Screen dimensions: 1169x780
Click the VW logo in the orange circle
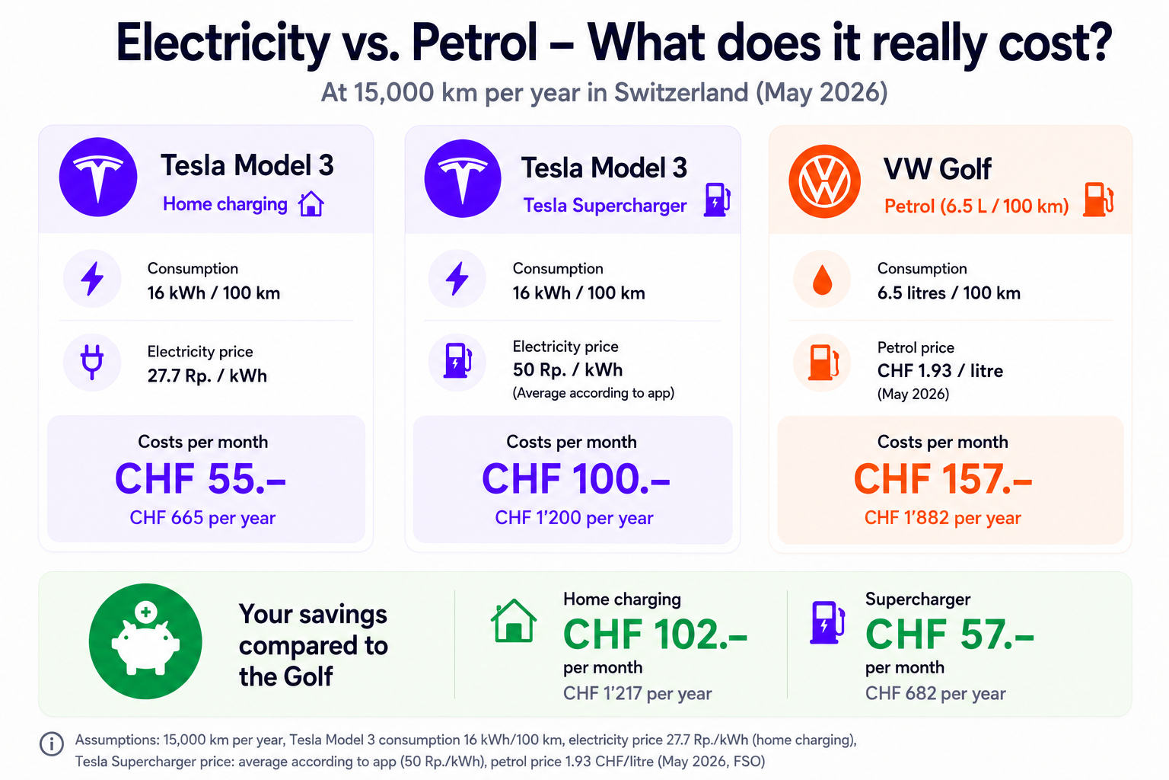click(x=824, y=181)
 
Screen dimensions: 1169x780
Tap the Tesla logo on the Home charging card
click(x=98, y=177)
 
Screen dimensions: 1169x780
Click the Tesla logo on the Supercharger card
click(x=463, y=179)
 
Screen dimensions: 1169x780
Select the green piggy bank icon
click(x=145, y=641)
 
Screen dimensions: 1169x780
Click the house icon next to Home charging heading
click(x=311, y=203)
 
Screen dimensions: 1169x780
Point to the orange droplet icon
click(x=823, y=280)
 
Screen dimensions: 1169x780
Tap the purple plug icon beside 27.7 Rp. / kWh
click(x=92, y=362)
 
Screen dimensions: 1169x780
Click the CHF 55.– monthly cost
click(x=200, y=478)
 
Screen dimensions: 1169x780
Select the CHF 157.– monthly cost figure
click(x=943, y=478)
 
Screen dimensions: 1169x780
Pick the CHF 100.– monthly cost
click(x=575, y=478)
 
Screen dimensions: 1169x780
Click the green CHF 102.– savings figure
click(x=655, y=634)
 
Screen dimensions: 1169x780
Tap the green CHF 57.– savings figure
click(x=949, y=634)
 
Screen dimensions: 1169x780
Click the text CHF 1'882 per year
click(x=942, y=518)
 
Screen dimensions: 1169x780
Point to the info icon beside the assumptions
click(x=52, y=743)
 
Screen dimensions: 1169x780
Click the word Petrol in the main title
click(x=474, y=43)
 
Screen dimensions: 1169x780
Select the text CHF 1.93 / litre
click(x=940, y=371)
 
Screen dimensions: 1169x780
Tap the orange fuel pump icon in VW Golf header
click(x=1098, y=199)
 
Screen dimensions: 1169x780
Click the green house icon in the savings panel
click(x=514, y=621)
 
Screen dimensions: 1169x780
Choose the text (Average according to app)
click(x=594, y=393)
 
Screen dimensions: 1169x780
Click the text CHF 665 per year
click(x=202, y=518)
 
